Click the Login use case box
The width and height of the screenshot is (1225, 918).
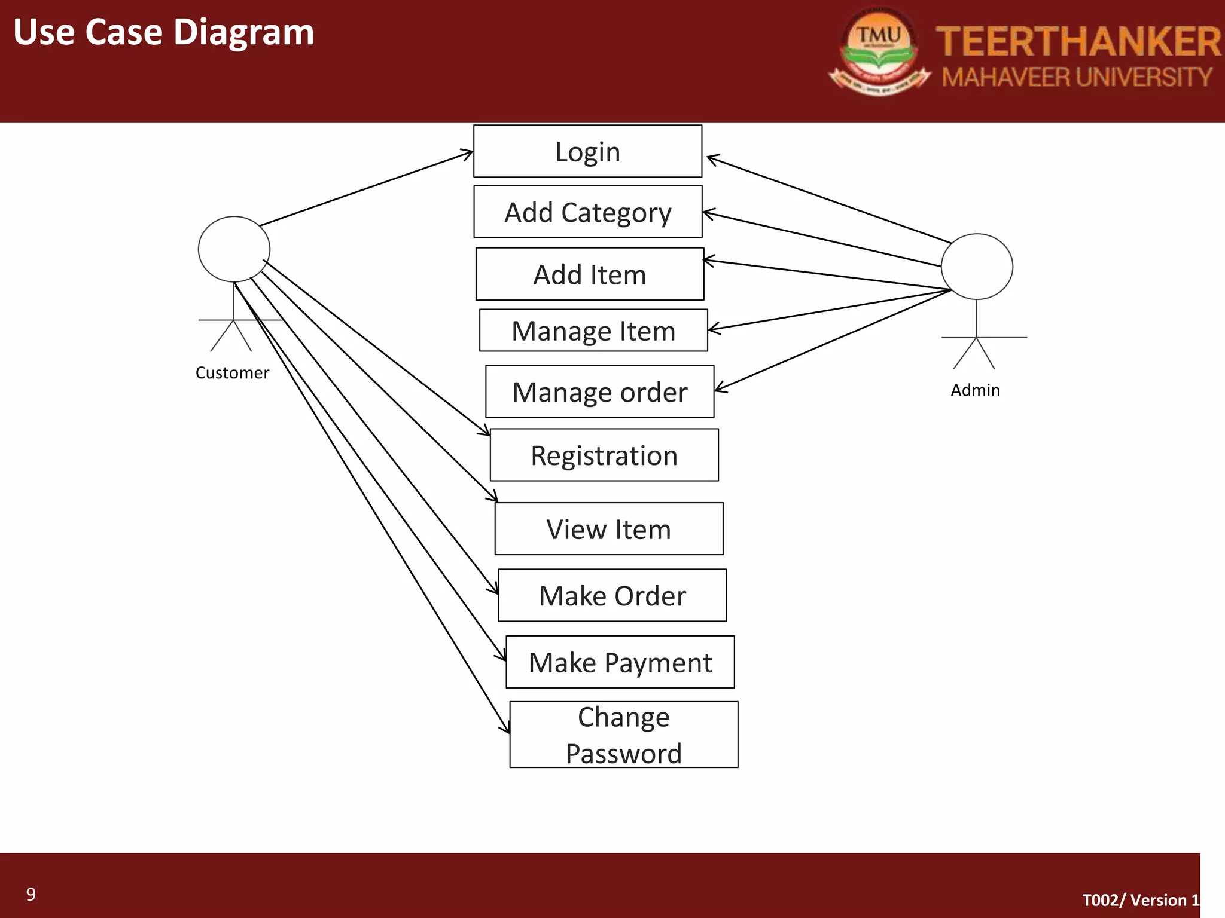click(587, 151)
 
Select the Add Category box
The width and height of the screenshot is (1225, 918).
click(587, 212)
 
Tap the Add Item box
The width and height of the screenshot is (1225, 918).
click(590, 274)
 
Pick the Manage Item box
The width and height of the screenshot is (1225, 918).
click(593, 331)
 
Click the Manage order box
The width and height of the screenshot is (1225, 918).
click(599, 392)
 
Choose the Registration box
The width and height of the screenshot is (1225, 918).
click(604, 455)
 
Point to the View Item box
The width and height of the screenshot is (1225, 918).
click(609, 529)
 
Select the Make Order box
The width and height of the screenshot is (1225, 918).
click(612, 596)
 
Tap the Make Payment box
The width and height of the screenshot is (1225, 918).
click(620, 662)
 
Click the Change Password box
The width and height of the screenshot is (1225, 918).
click(623, 735)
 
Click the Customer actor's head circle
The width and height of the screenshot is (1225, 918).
click(234, 249)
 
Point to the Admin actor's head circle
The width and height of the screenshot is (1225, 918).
click(977, 267)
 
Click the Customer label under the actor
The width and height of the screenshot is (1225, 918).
click(232, 373)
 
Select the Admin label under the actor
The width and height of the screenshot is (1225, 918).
click(975, 390)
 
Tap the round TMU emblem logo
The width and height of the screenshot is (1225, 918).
click(879, 51)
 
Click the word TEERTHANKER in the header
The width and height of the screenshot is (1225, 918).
click(1078, 42)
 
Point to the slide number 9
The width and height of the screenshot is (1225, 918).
click(31, 895)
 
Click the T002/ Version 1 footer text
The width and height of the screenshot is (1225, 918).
click(1141, 900)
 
